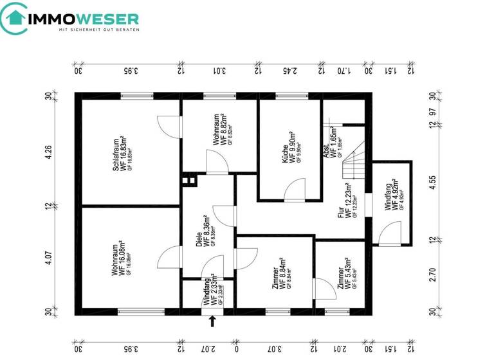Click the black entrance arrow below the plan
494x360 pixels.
[x=212, y=321]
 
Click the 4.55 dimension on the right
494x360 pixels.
[x=433, y=181]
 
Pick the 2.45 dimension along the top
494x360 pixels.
[x=290, y=71]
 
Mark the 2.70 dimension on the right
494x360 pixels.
[x=433, y=275]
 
